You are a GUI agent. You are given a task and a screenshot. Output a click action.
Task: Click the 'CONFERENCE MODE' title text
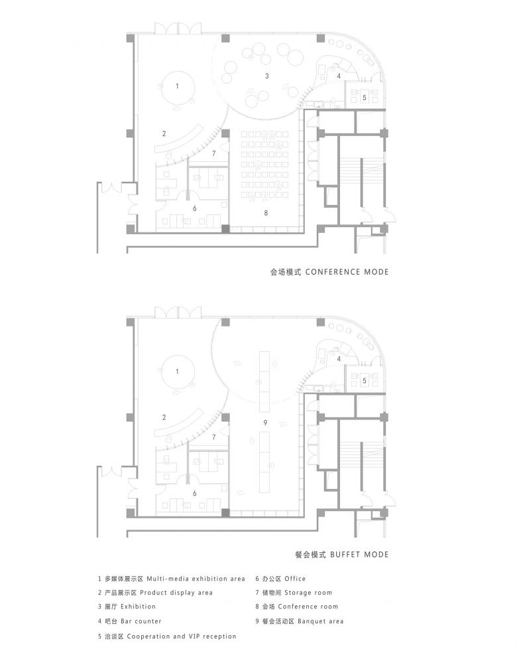[x=347, y=272]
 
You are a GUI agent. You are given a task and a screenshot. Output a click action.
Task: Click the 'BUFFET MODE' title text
[x=359, y=554]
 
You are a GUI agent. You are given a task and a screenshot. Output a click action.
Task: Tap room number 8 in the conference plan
[x=266, y=213]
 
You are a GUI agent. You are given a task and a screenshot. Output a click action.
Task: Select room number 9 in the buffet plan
[x=265, y=422]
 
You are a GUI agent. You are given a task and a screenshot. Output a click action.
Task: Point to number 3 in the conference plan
[x=267, y=76]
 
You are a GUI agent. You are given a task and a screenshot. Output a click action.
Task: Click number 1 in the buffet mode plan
[x=177, y=372]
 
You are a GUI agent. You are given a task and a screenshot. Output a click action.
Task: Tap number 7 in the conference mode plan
[x=214, y=153]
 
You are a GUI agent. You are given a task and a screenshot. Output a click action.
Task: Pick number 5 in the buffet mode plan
[x=365, y=381]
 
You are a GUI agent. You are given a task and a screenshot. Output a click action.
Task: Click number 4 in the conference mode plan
[x=339, y=76]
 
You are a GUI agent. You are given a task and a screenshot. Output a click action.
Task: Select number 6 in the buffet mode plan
[x=194, y=493]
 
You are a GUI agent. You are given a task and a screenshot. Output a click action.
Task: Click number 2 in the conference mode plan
[x=164, y=133]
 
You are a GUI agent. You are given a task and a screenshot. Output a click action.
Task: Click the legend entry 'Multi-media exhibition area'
[x=196, y=579]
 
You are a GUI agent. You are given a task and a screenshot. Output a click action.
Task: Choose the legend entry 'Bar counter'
[x=141, y=621]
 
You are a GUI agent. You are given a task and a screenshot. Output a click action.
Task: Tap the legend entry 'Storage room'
[x=308, y=593]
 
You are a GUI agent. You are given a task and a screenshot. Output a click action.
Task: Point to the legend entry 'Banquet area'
[x=320, y=621]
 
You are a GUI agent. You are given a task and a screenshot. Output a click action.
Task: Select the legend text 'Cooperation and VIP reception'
[x=182, y=636]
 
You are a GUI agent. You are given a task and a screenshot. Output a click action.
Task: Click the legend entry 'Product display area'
[x=176, y=593]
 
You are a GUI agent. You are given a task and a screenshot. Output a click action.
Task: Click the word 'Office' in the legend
[x=295, y=579]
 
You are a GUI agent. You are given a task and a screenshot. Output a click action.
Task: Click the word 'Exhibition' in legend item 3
[x=138, y=607]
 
